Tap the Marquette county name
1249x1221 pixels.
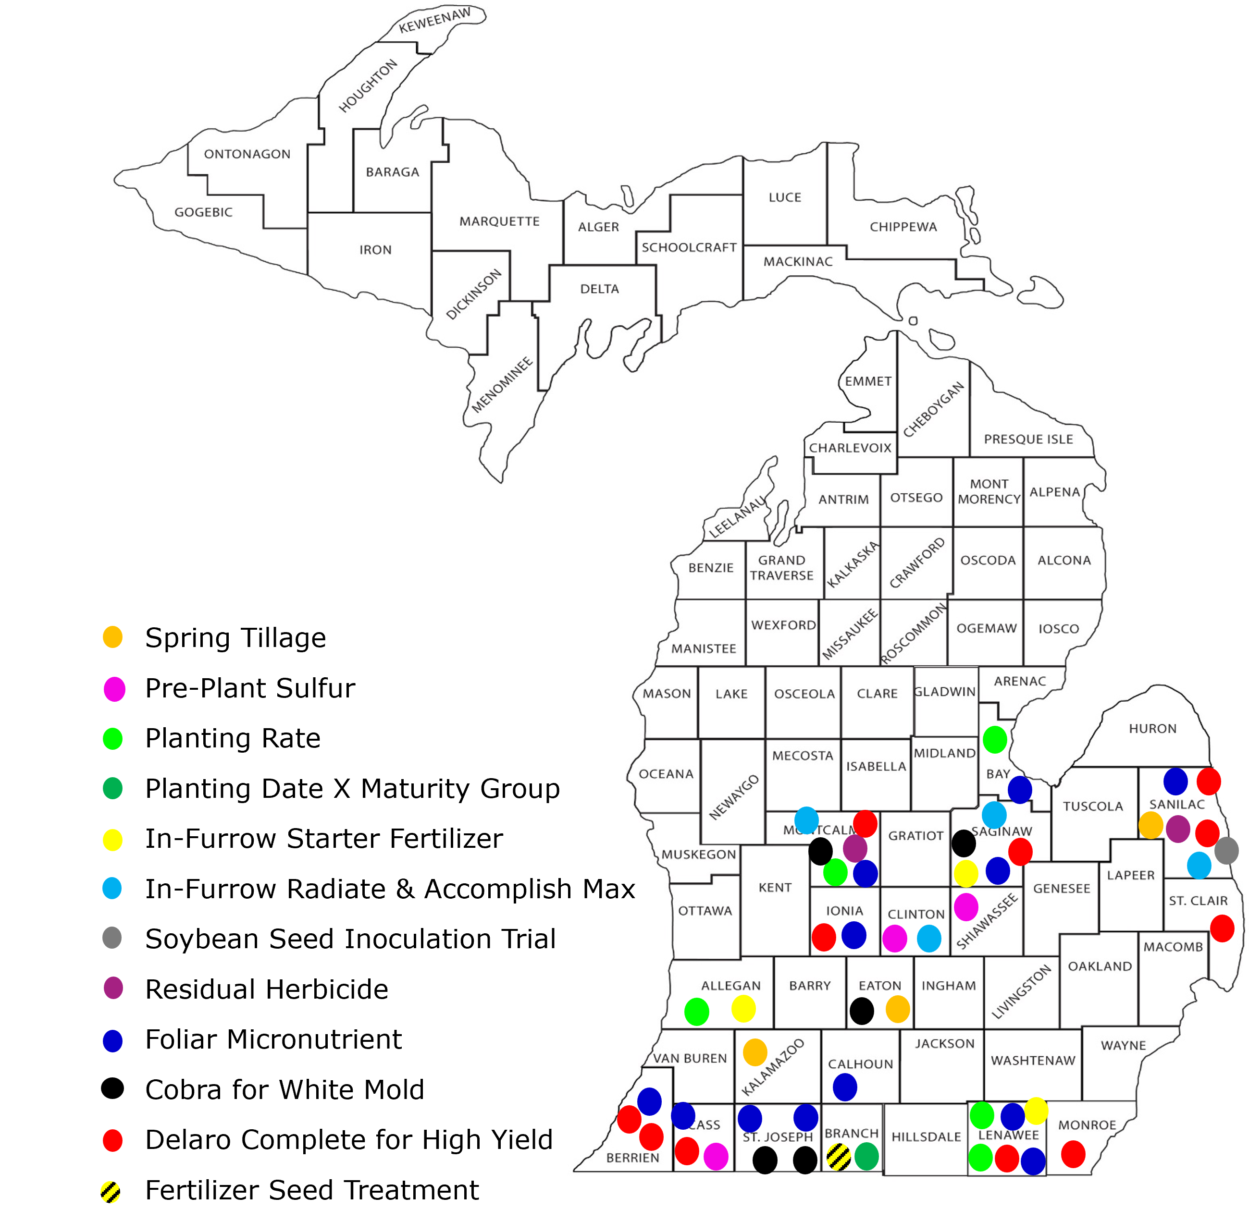coord(499,221)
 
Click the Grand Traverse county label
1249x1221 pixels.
coord(781,568)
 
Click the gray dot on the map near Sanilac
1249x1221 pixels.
coord(1226,850)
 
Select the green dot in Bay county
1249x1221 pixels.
coord(995,739)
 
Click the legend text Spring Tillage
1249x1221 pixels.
coord(235,638)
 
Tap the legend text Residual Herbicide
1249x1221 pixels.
coord(267,989)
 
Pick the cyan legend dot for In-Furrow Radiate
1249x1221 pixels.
coord(112,888)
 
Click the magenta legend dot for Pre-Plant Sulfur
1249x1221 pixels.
coord(114,689)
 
